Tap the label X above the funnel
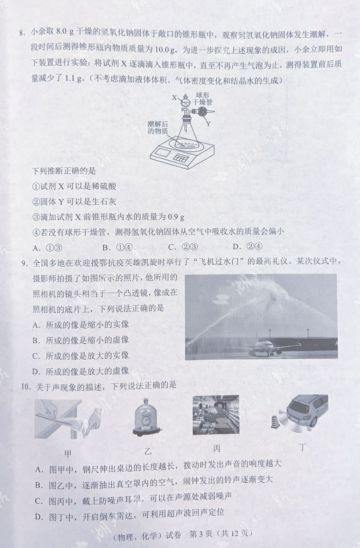point(174,98)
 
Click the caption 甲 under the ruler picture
point(67,454)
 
